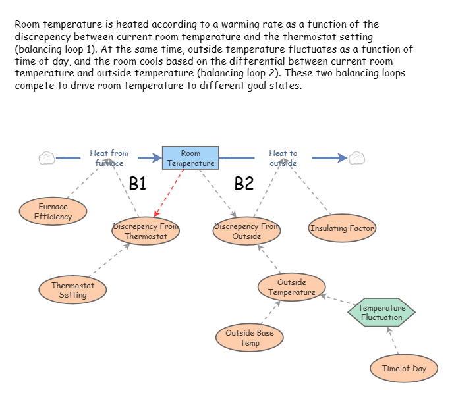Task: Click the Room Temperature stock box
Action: click(190, 158)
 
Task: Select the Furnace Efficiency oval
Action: click(52, 211)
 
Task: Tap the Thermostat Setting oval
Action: click(72, 290)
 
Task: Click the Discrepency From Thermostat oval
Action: click(146, 231)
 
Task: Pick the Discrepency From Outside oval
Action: click(247, 231)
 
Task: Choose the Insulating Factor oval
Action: click(342, 228)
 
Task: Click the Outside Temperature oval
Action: click(291, 287)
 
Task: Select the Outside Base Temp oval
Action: click(250, 338)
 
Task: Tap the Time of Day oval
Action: click(404, 369)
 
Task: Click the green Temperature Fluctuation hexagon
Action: click(381, 313)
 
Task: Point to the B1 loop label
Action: click(137, 184)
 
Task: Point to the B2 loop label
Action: click(244, 184)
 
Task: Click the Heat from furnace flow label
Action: click(109, 158)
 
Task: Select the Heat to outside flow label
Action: click(283, 158)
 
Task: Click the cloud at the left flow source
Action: click(47, 158)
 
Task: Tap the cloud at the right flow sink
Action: click(356, 158)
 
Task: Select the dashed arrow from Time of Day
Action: click(392, 340)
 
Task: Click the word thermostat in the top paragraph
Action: click(339, 38)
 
